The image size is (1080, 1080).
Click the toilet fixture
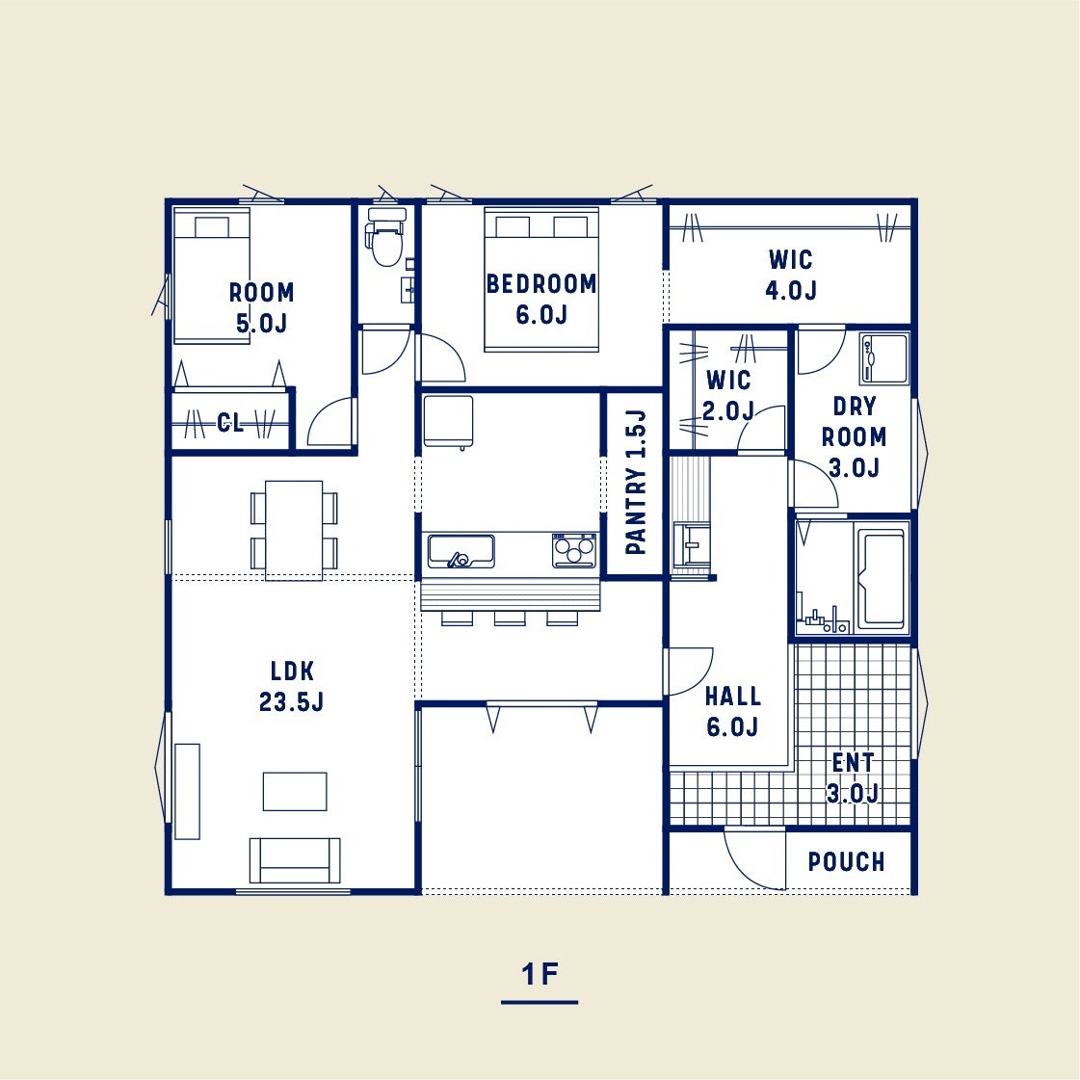point(385,236)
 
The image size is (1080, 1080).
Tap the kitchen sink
point(461,551)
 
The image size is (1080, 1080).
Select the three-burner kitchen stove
point(574,550)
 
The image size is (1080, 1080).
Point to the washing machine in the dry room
point(883,358)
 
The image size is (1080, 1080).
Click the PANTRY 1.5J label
point(636,482)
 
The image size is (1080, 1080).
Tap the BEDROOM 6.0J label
point(541,299)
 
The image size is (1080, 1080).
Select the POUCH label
point(846,861)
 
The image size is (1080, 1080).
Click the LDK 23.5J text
point(291,686)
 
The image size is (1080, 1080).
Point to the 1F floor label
point(540,974)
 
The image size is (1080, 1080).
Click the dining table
point(294,530)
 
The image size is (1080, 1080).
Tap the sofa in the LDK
point(295,860)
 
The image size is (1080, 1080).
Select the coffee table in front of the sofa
point(295,791)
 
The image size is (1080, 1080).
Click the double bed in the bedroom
point(541,279)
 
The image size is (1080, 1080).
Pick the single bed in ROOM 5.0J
point(211,276)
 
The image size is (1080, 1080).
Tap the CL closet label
point(230,422)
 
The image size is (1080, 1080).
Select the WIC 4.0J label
point(791,275)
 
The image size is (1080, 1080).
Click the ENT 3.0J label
point(853,778)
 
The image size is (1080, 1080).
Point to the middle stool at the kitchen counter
point(510,619)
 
